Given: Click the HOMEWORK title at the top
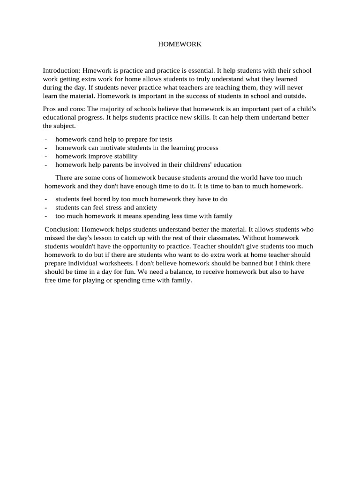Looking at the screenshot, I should click(x=180, y=44).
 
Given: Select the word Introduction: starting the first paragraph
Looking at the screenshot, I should click(x=61, y=71).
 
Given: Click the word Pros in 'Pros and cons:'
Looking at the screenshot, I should click(x=50, y=109).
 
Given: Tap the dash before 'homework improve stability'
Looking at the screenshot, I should click(x=45, y=156).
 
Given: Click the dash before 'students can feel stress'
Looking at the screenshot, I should click(x=45, y=207).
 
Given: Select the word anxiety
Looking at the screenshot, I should click(x=145, y=207).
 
